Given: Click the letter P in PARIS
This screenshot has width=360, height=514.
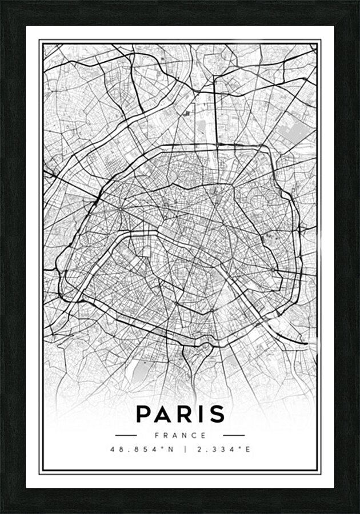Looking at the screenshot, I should tap(143, 413).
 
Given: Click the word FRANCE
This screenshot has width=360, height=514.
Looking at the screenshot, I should tap(179, 435).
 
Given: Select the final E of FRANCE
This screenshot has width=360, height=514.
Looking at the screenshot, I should tap(204, 435).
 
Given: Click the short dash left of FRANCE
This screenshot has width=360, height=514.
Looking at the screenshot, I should tap(126, 435).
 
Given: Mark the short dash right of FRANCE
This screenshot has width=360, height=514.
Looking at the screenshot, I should tap(233, 435).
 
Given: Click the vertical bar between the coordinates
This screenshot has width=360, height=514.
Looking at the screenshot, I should tap(185, 449).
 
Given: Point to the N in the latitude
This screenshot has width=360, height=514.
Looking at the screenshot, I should tap(170, 449).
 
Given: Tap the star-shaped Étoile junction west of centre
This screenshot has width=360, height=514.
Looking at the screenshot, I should tap(121, 208).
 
